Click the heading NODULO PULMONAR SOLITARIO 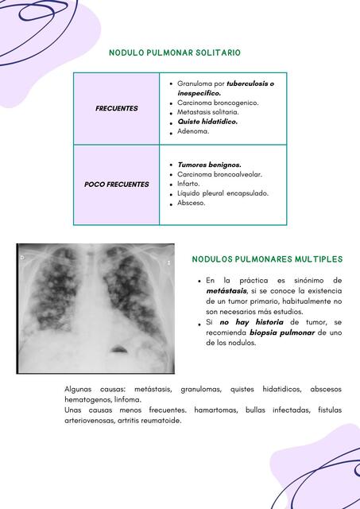click(175, 52)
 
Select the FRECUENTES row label click(117, 108)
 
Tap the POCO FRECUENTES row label click(117, 185)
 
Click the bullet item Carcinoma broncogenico click(218, 103)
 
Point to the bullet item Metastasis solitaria click(208, 112)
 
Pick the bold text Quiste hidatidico click(207, 122)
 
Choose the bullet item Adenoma click(193, 131)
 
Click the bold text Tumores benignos click(209, 165)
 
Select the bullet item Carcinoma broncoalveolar click(219, 174)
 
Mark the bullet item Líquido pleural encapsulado click(223, 193)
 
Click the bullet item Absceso click(192, 203)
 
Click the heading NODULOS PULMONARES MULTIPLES click(268, 259)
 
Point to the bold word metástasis click(226, 291)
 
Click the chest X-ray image click(95, 308)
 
